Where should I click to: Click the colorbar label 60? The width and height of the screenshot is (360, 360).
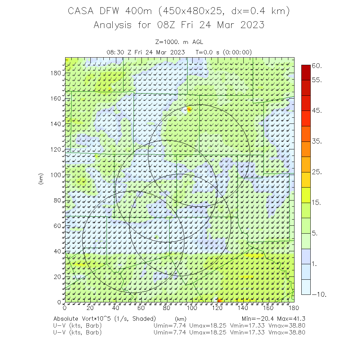(x=317, y=66)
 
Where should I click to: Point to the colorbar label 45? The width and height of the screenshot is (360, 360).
(x=317, y=111)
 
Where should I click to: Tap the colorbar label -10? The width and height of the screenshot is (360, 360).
(x=319, y=294)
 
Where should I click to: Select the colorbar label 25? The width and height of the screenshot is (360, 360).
(x=317, y=172)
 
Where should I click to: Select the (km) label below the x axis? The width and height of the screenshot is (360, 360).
(x=180, y=319)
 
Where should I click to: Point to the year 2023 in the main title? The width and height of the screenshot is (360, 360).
(x=251, y=25)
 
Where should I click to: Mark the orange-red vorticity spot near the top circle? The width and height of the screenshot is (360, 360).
(x=189, y=109)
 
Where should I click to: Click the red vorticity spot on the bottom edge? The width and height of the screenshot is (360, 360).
(x=219, y=300)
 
